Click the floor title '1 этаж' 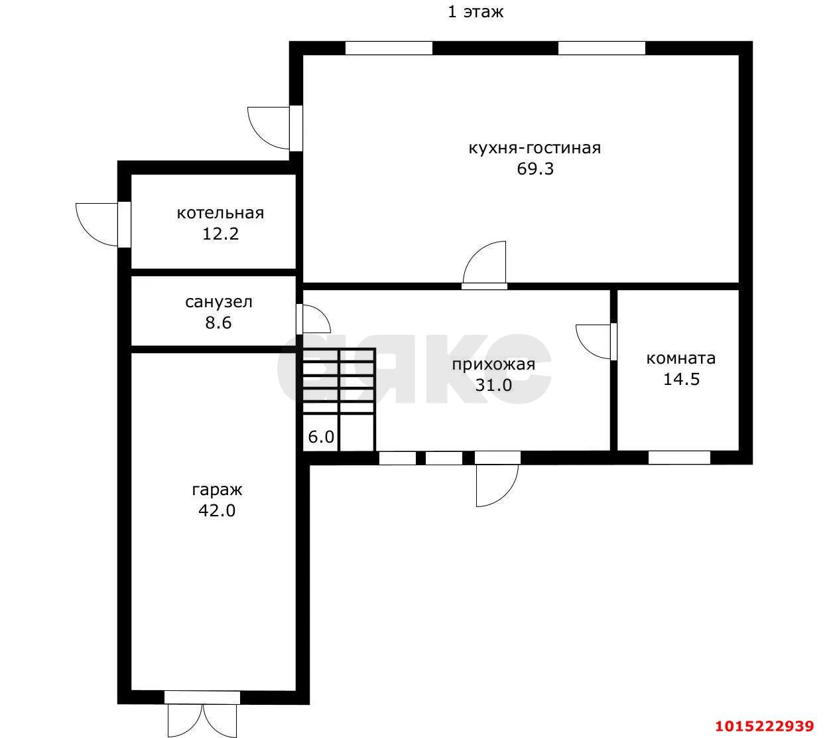475,12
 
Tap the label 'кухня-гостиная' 535,148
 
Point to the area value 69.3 535,169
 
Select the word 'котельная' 220,213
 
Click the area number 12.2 220,234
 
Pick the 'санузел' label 218,302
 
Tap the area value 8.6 218,323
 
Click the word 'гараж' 217,490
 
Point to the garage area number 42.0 216,511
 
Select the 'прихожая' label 493,364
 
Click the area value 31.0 493,386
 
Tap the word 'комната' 681,358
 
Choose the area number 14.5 681,379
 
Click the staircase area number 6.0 321,437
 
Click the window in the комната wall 679,457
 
